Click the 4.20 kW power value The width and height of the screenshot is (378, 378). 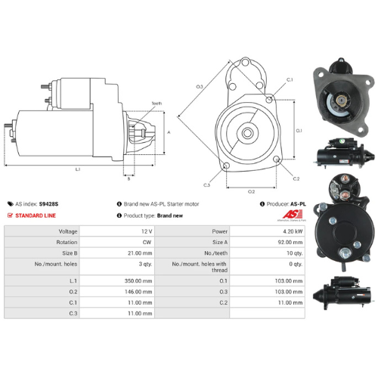(290, 231)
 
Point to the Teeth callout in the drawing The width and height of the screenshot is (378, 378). (156, 103)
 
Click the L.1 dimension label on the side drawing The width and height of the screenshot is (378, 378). (78, 169)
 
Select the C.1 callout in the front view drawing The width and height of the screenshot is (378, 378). (290, 79)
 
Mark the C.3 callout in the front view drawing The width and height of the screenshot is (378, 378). (206, 184)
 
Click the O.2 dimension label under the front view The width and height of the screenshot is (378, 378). (252, 191)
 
